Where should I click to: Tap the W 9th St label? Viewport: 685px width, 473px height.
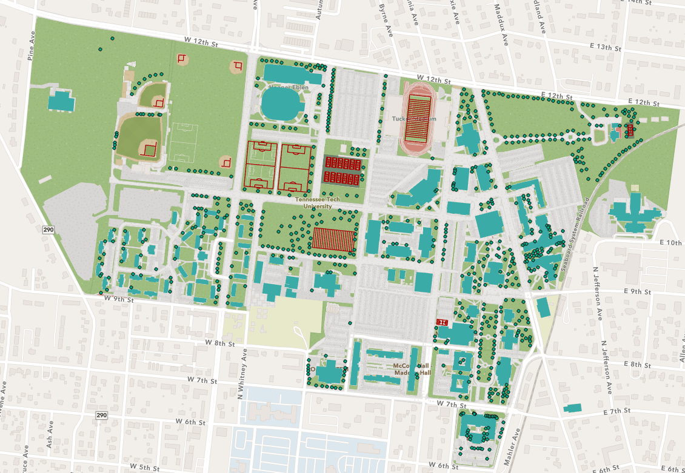119,299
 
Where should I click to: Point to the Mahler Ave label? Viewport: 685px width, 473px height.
512,447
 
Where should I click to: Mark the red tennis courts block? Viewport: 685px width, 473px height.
343,170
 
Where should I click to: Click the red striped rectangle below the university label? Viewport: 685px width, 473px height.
333,239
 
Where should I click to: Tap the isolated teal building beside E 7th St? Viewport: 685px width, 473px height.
572,408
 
